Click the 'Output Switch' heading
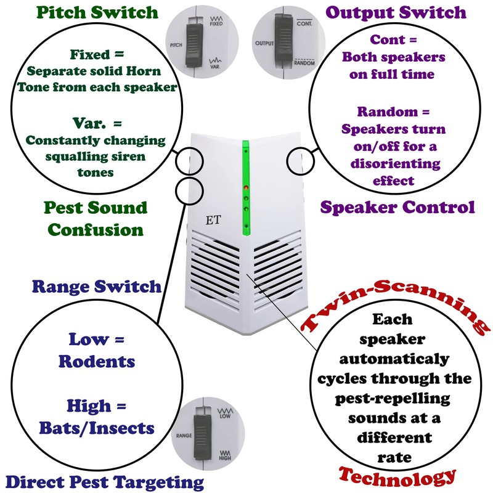395,12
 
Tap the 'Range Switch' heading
97,286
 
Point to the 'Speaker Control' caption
398,206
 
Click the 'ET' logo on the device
213,218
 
